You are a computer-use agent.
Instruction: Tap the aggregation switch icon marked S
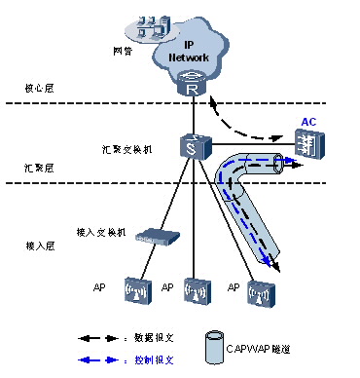click(x=191, y=147)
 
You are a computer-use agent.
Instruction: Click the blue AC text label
click(x=308, y=122)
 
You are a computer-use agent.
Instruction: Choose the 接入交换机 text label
click(x=96, y=232)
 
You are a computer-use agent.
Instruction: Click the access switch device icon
click(x=155, y=236)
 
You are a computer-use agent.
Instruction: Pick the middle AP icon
click(x=196, y=291)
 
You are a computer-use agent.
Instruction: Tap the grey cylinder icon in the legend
click(x=214, y=347)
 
